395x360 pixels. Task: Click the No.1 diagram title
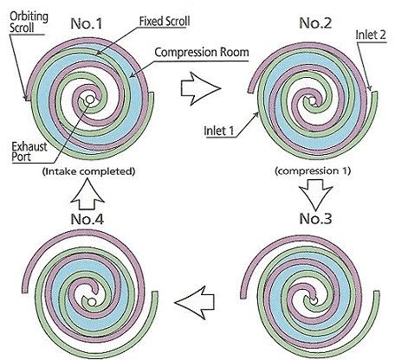tap(87, 23)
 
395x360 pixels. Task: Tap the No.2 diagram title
tap(315, 22)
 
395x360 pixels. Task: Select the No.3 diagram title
tap(315, 219)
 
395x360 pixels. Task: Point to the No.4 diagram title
tap(87, 219)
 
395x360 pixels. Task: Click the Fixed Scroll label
tap(165, 22)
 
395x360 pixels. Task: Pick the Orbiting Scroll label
tap(29, 22)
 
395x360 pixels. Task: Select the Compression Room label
tap(202, 53)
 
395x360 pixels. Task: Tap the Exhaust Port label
tap(29, 151)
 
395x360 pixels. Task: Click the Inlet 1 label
tap(219, 131)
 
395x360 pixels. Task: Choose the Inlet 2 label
tap(371, 35)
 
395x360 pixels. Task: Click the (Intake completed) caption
tap(88, 171)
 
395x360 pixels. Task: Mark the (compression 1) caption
tap(313, 171)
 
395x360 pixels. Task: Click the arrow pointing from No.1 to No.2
tap(201, 88)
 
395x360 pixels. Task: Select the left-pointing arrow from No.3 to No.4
tap(194, 302)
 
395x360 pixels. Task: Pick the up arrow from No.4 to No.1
tap(87, 194)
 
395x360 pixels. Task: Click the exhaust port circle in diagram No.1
tap(90, 100)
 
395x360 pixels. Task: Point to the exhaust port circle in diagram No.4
tap(92, 302)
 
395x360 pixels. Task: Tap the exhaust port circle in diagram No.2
tap(312, 100)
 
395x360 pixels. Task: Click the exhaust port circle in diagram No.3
tap(314, 300)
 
